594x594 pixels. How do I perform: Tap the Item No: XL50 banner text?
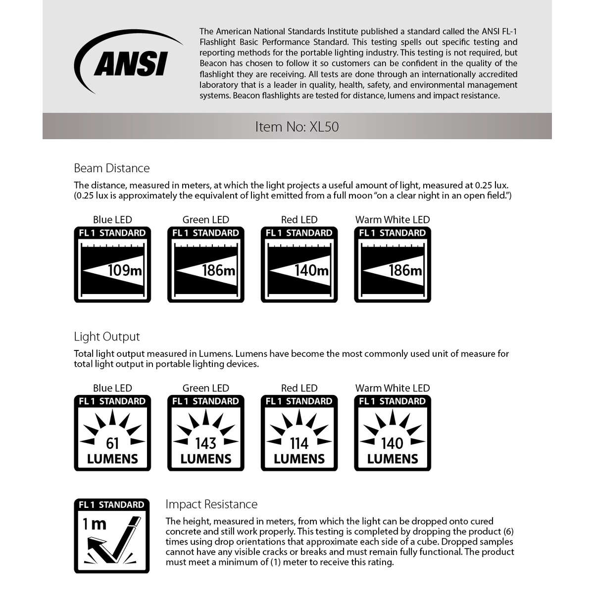297,127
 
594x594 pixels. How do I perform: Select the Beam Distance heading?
112,168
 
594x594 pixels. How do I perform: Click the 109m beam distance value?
125,270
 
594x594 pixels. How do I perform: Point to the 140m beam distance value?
312,270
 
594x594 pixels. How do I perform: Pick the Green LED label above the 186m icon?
206,220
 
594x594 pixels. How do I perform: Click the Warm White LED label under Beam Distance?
393,220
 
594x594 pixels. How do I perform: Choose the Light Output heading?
107,337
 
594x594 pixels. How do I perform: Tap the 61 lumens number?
112,443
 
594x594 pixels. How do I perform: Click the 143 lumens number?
206,443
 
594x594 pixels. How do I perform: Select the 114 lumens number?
299,443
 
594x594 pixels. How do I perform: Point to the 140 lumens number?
393,443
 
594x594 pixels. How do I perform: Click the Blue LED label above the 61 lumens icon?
112,388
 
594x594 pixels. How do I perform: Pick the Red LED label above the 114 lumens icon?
299,388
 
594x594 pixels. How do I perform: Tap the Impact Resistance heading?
211,504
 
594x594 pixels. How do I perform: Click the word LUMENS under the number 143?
206,459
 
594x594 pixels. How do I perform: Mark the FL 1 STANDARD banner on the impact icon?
111,505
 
